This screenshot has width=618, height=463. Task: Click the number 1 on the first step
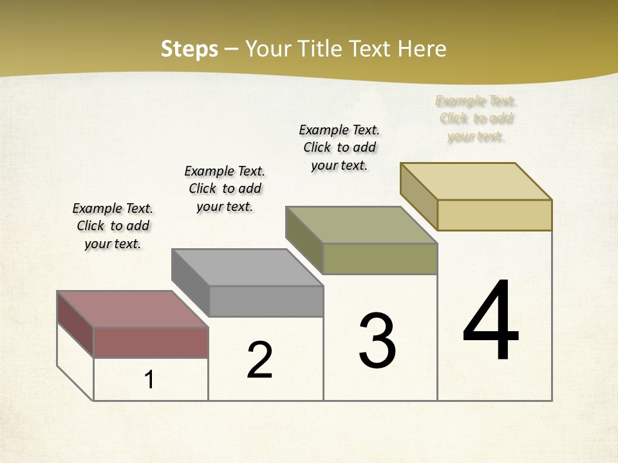point(149,380)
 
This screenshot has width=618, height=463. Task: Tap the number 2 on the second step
point(259,360)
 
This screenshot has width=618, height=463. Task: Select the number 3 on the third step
point(377,341)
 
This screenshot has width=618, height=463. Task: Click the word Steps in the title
point(189,49)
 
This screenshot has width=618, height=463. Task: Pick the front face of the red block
point(151,342)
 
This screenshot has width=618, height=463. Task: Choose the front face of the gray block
point(266,301)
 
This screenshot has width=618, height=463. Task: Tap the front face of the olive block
point(380,259)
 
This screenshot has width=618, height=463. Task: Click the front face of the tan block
point(494,215)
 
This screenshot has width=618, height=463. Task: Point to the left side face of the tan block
point(418,195)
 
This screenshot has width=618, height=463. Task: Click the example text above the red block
point(113,226)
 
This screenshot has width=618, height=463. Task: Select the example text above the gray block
point(225,188)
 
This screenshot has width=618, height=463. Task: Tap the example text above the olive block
point(339,147)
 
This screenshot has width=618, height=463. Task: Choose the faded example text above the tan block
point(476,118)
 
